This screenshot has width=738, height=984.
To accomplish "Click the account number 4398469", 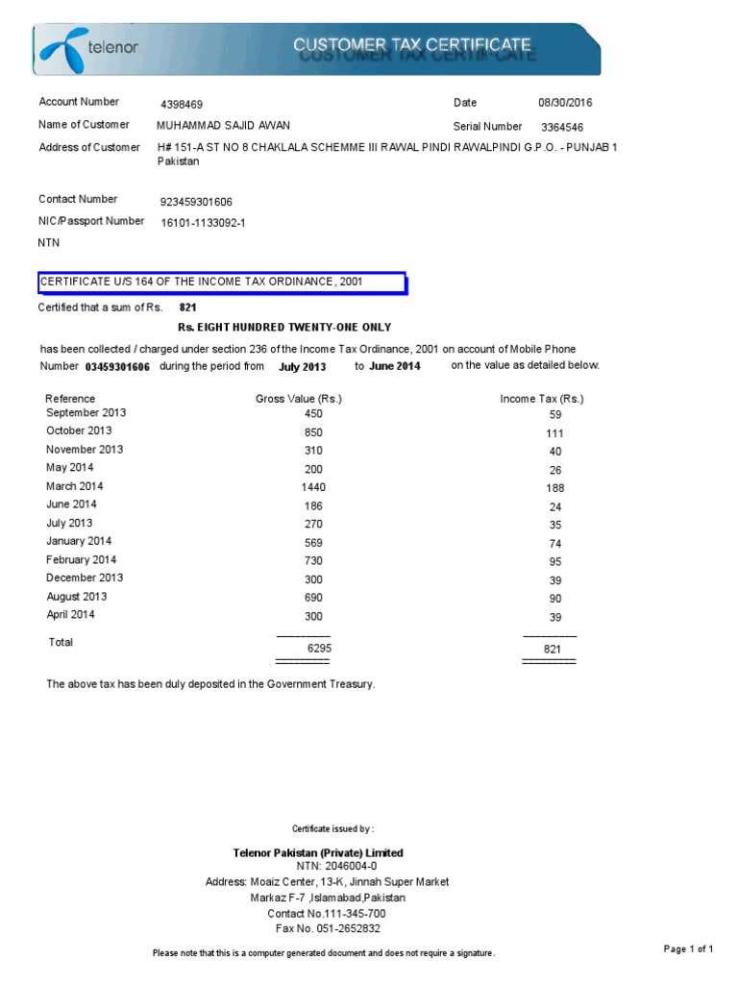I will tap(182, 104).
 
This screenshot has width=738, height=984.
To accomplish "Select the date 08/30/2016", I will tap(566, 103).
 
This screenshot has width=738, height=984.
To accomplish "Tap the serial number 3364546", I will tap(562, 127).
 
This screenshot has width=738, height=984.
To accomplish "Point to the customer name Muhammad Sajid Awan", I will tap(223, 125).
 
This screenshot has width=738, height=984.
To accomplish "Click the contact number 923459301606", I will tap(196, 202).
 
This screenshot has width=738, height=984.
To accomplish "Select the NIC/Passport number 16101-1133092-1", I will tap(203, 223).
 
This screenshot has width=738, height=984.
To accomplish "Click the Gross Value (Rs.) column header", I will tap(299, 399).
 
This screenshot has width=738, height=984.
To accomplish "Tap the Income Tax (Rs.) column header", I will tap(542, 399).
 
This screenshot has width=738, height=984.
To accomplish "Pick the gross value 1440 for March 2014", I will tap(313, 487).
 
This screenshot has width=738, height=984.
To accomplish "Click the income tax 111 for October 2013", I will tap(555, 433).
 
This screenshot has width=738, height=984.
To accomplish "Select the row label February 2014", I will tap(82, 559).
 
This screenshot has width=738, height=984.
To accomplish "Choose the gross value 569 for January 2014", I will tap(313, 543).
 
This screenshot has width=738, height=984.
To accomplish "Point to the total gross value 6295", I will tap(319, 650).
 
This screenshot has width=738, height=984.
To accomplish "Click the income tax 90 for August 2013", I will tap(555, 598).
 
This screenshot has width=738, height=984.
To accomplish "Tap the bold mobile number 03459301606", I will tap(117, 367).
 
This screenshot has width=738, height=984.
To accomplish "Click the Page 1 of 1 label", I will tap(688, 949).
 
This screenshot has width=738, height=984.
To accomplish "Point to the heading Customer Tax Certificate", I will tap(411, 44).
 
